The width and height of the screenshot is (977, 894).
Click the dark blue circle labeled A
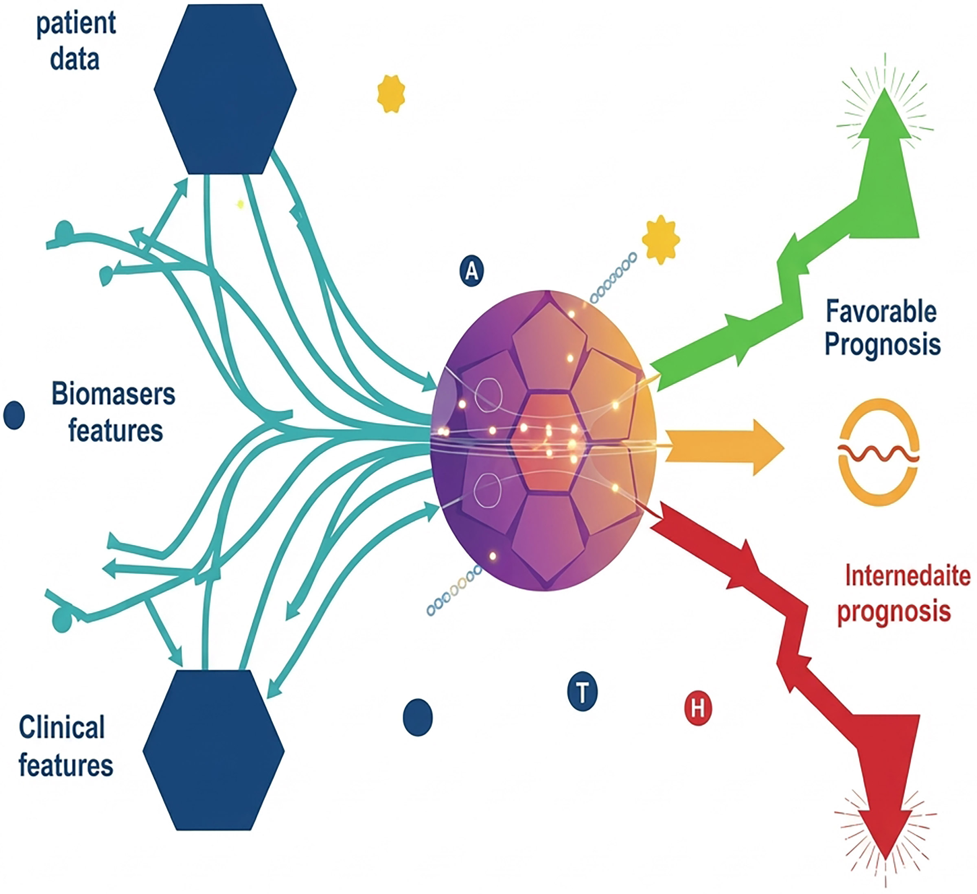471,271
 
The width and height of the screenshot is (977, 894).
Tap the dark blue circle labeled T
582,692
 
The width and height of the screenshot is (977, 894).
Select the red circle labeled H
698,708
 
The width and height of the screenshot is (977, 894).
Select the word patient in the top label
76,23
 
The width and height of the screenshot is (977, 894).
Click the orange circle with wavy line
878,452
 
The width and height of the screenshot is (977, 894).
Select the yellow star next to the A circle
661,240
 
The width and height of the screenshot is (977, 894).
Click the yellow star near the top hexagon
391,94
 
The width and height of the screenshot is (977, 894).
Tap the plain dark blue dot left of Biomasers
14,415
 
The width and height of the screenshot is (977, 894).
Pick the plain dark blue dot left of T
417,717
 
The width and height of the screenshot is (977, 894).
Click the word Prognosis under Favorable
883,345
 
